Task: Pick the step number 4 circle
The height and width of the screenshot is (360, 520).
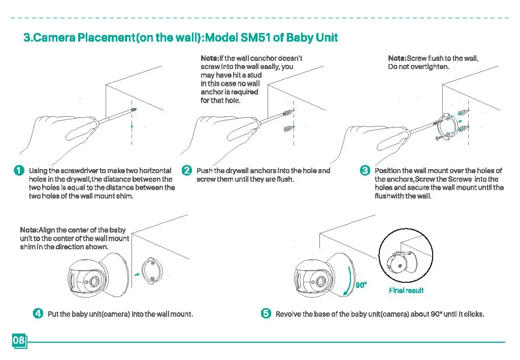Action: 38,313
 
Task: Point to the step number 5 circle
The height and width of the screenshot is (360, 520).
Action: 266,313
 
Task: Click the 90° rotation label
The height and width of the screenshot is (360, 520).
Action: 361,285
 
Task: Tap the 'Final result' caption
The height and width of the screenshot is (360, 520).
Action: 406,290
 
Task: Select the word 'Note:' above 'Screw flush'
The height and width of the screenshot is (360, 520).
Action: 397,58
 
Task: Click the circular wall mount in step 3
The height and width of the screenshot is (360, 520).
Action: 448,125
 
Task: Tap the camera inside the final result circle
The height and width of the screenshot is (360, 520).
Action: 399,263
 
